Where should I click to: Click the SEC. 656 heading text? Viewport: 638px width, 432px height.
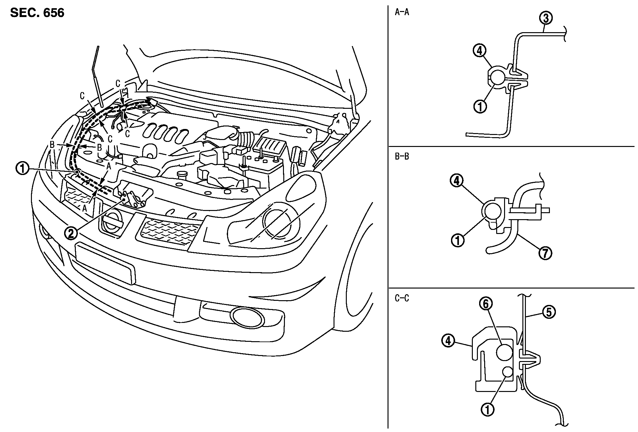pos(37,13)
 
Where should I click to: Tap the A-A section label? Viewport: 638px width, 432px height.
pos(402,13)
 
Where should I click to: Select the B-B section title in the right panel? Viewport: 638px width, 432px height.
pos(402,156)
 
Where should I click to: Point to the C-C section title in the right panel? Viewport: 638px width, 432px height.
pos(402,298)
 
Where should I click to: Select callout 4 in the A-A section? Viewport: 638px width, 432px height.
pos(480,50)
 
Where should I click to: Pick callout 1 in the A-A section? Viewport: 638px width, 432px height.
pos(480,107)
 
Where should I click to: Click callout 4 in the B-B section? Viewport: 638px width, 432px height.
pos(457,182)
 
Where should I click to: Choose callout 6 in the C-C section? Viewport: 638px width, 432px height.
pos(486,304)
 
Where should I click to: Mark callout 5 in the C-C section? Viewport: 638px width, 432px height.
pos(549,312)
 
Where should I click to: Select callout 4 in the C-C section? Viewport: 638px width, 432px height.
pos(448,341)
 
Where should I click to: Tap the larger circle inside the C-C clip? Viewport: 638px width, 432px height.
pos(504,352)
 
